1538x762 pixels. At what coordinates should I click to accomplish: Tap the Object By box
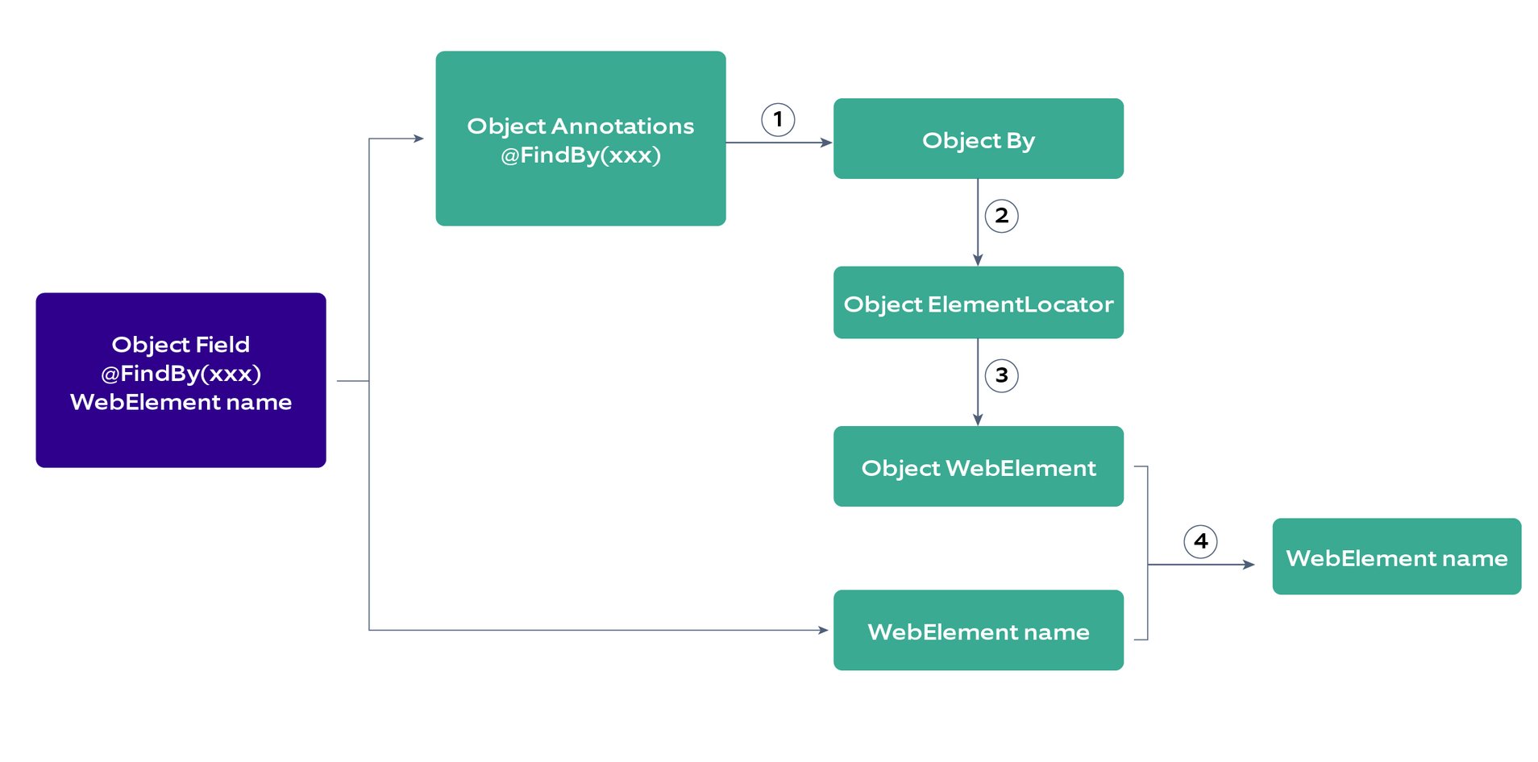pos(978,139)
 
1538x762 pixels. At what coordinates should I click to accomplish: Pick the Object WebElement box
pos(978,467)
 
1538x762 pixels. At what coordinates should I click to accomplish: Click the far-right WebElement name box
pos(1396,557)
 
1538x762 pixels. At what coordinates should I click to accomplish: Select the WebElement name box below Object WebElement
pos(978,631)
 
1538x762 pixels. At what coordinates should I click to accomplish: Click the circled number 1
pos(778,120)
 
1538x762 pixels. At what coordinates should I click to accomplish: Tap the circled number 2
pos(1001,216)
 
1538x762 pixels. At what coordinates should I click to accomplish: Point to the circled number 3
pos(1001,375)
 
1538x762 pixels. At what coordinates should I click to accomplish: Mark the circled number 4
pos(1200,541)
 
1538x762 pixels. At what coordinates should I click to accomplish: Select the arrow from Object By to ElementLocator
pos(978,222)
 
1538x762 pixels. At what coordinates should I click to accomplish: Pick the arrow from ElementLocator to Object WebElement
pos(978,383)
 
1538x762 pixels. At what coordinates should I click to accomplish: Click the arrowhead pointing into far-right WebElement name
pos(1249,565)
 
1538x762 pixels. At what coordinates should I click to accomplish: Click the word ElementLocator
pos(1020,304)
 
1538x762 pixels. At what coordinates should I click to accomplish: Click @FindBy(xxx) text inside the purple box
pos(181,374)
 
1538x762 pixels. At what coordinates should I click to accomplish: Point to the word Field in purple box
pos(222,345)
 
